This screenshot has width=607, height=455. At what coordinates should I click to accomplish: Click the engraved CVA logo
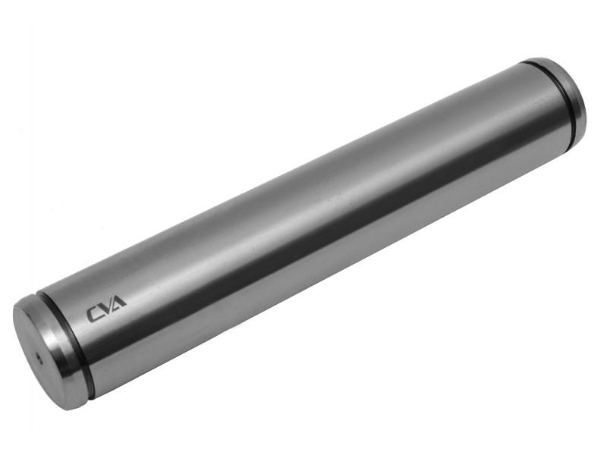point(106,309)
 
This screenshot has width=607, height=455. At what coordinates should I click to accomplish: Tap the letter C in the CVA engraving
point(93,314)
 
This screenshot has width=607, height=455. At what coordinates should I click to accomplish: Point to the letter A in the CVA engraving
point(119,302)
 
